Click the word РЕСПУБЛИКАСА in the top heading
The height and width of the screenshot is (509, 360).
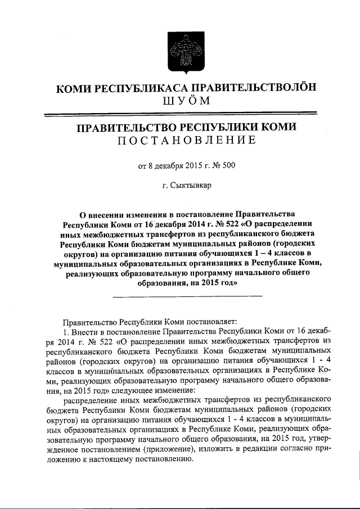tap(132, 87)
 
